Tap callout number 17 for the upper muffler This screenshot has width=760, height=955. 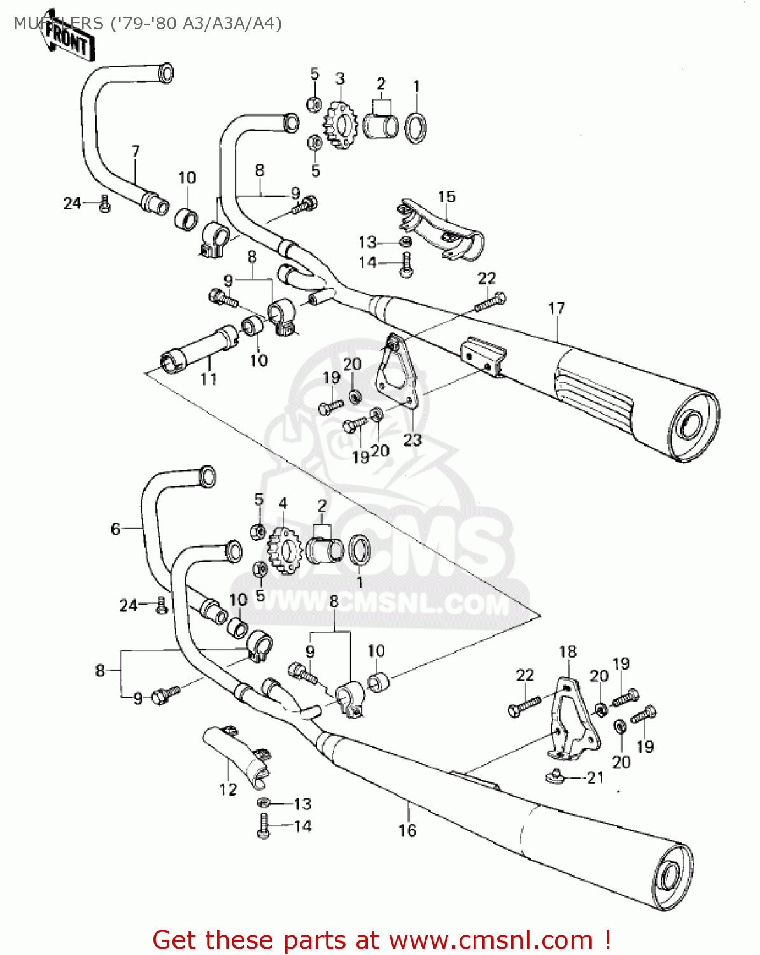coord(556,309)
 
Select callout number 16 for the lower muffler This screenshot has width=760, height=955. coord(407,830)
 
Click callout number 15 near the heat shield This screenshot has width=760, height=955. coord(447,197)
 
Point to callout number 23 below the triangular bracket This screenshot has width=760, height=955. coord(412,440)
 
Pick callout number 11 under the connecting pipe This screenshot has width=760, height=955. coord(209,379)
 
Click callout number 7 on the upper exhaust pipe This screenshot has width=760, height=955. coord(135,152)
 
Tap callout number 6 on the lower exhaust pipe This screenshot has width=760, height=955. coord(115,528)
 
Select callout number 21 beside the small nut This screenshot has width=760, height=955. coord(595,777)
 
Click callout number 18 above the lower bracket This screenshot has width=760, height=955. coord(568,652)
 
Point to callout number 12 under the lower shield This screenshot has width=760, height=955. coord(228,789)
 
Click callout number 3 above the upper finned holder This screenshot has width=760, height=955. coord(340,79)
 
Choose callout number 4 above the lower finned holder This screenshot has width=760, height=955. coord(283,504)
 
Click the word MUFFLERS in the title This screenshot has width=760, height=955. coord(57,24)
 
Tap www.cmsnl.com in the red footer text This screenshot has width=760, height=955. coord(491,940)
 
